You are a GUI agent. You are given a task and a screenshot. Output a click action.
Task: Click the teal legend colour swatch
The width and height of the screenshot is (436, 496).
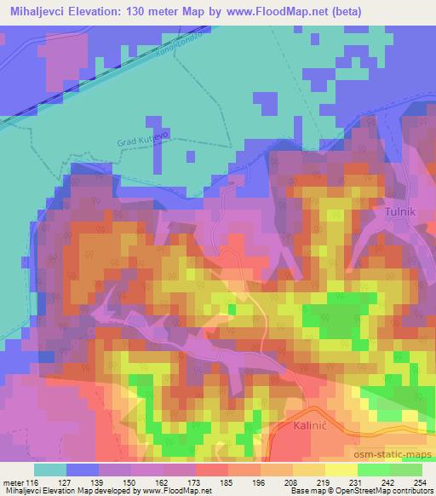click(50, 470)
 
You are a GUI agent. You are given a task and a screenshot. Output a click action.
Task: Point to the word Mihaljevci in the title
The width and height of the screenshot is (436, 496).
click(39, 12)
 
